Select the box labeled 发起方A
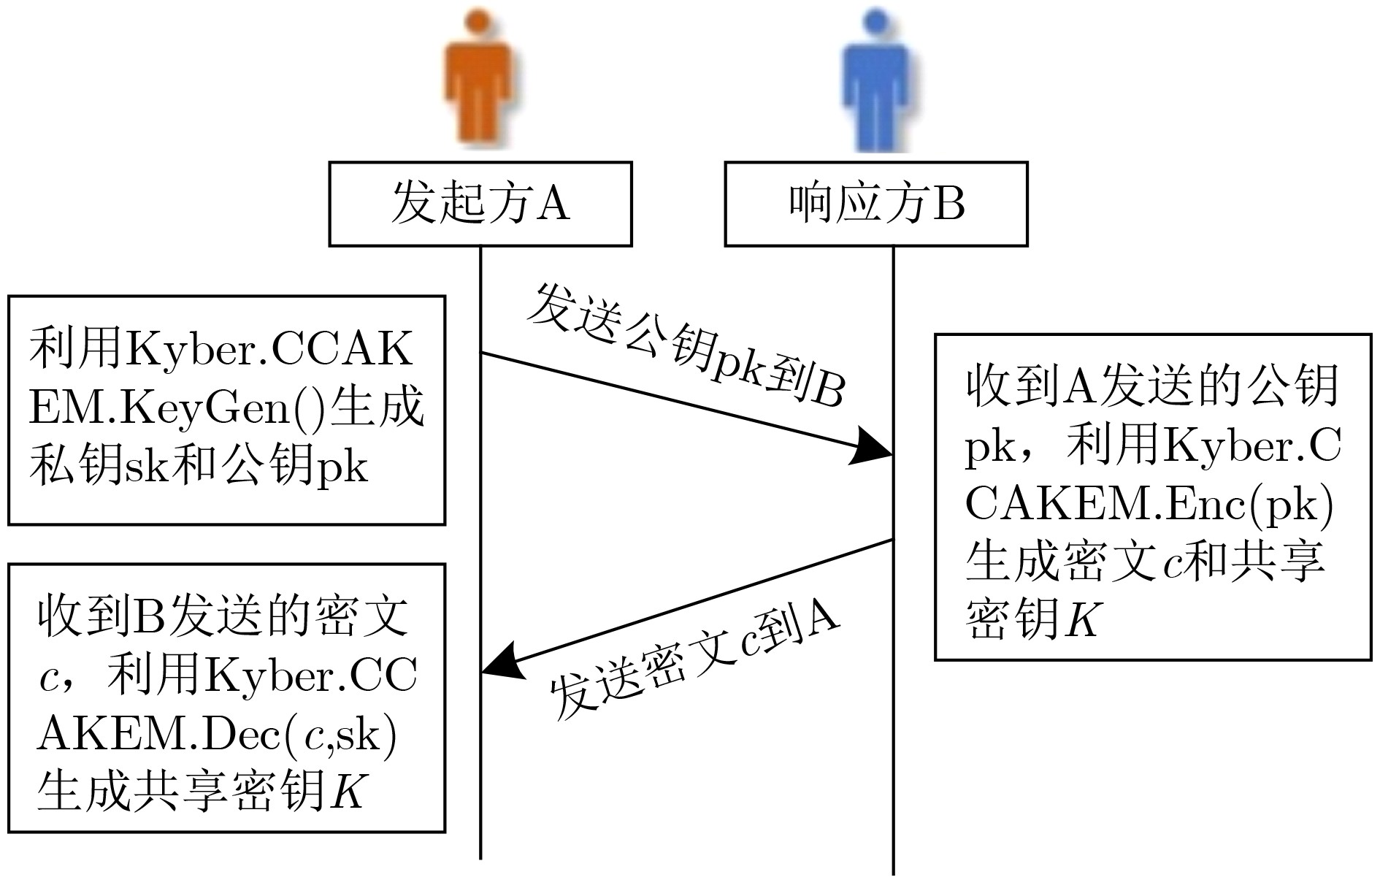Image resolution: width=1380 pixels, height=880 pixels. [480, 204]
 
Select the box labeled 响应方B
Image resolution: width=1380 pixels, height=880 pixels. [876, 204]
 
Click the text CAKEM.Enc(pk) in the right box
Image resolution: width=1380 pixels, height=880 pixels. [1149, 504]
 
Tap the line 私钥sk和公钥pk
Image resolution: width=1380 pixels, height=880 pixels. [199, 465]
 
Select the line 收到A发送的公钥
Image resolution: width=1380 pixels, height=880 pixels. [1152, 386]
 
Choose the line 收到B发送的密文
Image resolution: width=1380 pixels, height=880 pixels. [223, 617]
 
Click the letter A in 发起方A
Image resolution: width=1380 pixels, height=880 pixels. [553, 203]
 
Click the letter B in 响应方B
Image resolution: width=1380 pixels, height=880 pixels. [949, 203]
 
